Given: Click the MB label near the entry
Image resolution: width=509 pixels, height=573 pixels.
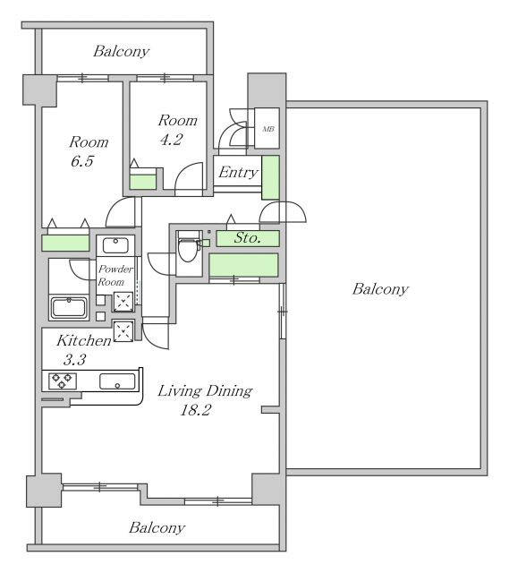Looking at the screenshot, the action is point(268,129).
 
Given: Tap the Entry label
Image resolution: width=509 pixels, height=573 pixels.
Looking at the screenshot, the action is point(239,172).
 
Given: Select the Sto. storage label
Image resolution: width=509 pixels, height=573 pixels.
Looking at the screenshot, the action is point(248,238).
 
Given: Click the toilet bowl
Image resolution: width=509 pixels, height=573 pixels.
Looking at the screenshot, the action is point(188,249).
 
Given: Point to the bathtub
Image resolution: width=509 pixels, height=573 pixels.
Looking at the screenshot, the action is point(69,308).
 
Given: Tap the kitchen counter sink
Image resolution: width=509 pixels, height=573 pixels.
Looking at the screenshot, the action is point(117,381).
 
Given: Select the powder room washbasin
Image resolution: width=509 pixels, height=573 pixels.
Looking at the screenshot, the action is point(115,245).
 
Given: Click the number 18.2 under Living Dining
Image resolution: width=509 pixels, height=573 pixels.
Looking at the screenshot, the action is point(195,410).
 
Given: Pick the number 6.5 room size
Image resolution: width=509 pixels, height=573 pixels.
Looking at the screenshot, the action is point(82,161).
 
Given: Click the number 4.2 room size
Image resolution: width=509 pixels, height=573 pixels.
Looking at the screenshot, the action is point(171,140).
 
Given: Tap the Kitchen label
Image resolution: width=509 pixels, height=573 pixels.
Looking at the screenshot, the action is point(84,340).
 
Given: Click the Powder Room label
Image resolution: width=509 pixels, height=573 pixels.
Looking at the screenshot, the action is point(115,276).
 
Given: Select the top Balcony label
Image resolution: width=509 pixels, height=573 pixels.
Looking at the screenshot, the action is point(122,52).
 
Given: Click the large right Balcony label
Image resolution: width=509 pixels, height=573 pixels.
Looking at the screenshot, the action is point(380,289).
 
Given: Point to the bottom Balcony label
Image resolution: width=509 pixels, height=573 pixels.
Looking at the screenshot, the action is point(157,527).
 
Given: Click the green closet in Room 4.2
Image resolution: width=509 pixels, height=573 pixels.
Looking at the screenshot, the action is point(143,182).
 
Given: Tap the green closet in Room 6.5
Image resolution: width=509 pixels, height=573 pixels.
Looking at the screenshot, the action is point(65,243).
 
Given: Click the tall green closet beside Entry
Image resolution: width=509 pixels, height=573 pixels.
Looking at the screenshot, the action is point(270,177).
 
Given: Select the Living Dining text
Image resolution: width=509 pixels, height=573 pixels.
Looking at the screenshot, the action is point(205,391).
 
